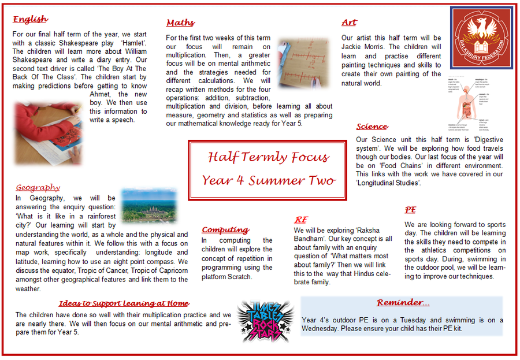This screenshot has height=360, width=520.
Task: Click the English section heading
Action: pos(30,19)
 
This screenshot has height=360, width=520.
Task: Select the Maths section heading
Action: pos(180,23)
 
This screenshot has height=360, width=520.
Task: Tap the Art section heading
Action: pos(349,22)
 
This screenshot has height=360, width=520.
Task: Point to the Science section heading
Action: pos(372,127)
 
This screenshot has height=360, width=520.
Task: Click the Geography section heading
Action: pos(38,187)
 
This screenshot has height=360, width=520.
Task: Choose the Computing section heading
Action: pos(225,229)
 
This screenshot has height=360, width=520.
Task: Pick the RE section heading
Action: pos(301,220)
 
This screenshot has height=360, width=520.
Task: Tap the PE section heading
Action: pos(410,210)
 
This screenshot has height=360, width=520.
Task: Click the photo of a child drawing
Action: pos(48,133)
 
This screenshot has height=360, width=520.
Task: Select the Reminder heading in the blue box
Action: pos(403,303)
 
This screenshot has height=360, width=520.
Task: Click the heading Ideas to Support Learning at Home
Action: pos(124,303)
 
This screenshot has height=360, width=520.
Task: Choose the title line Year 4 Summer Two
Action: pos(268,180)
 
